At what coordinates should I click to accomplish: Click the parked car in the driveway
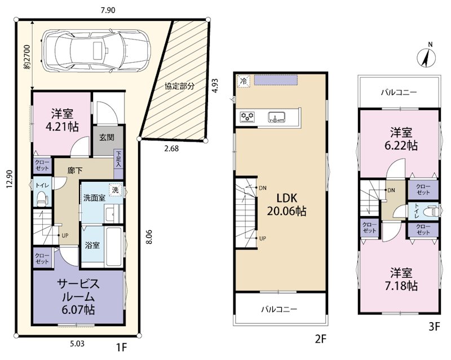96,51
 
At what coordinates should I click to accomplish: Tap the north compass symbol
427,56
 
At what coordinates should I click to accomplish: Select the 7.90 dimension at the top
108,10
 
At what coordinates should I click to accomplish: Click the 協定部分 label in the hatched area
179,86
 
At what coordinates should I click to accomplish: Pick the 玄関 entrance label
107,137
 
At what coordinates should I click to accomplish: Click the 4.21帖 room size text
63,126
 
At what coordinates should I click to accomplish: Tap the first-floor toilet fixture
42,199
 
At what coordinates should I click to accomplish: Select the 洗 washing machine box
116,190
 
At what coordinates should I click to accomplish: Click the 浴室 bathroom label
92,245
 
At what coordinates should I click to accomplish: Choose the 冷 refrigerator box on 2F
244,81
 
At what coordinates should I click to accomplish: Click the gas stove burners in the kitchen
247,117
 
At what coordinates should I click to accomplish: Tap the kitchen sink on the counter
277,117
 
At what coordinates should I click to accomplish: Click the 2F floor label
321,339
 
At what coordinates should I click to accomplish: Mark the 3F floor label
435,327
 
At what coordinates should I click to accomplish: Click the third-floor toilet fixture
432,210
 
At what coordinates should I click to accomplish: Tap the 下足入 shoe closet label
119,159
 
